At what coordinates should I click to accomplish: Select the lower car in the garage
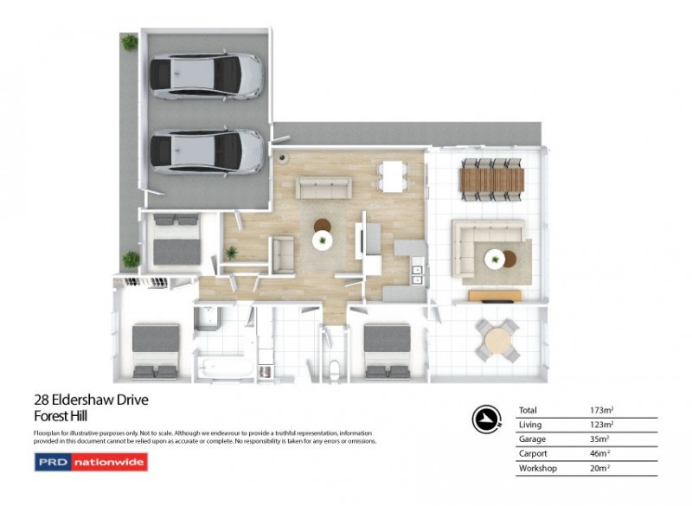click(x=206, y=151)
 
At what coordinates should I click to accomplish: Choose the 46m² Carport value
click(x=599, y=453)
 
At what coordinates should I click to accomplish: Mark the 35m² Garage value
click(x=599, y=439)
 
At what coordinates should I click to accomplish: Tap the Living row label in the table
click(x=529, y=424)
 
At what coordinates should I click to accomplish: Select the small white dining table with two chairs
click(x=393, y=176)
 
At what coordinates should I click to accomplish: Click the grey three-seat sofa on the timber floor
click(x=324, y=187)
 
